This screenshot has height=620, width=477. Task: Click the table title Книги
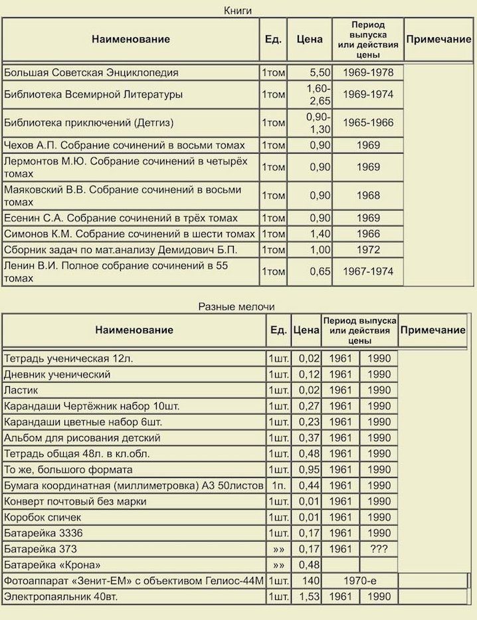238,10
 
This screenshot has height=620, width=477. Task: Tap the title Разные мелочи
237,306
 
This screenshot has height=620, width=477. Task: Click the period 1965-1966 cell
368,123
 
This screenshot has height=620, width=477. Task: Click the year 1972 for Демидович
368,250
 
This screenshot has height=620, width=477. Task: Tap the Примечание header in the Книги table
438,39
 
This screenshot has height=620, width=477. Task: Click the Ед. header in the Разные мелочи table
279,330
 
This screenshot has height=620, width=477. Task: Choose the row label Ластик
21,390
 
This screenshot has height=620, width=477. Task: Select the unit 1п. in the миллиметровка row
278,486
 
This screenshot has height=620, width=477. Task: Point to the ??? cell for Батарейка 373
379,549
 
